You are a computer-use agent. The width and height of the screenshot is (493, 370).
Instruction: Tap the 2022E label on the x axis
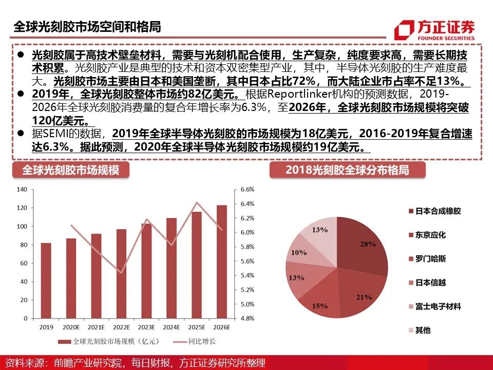(x=121, y=326)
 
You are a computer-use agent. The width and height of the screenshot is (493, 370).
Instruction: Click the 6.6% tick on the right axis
(x=247, y=190)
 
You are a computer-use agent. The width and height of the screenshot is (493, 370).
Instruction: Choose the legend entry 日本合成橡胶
(x=438, y=211)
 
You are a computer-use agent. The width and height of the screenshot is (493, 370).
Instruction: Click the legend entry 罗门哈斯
(x=430, y=258)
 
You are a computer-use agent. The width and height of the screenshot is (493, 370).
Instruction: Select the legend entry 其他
(x=423, y=330)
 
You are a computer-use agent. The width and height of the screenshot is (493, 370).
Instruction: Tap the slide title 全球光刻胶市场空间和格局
(x=87, y=27)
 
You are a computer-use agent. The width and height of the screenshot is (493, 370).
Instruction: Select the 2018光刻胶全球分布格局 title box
(x=347, y=170)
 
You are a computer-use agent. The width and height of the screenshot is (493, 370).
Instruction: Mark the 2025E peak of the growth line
(x=197, y=202)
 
